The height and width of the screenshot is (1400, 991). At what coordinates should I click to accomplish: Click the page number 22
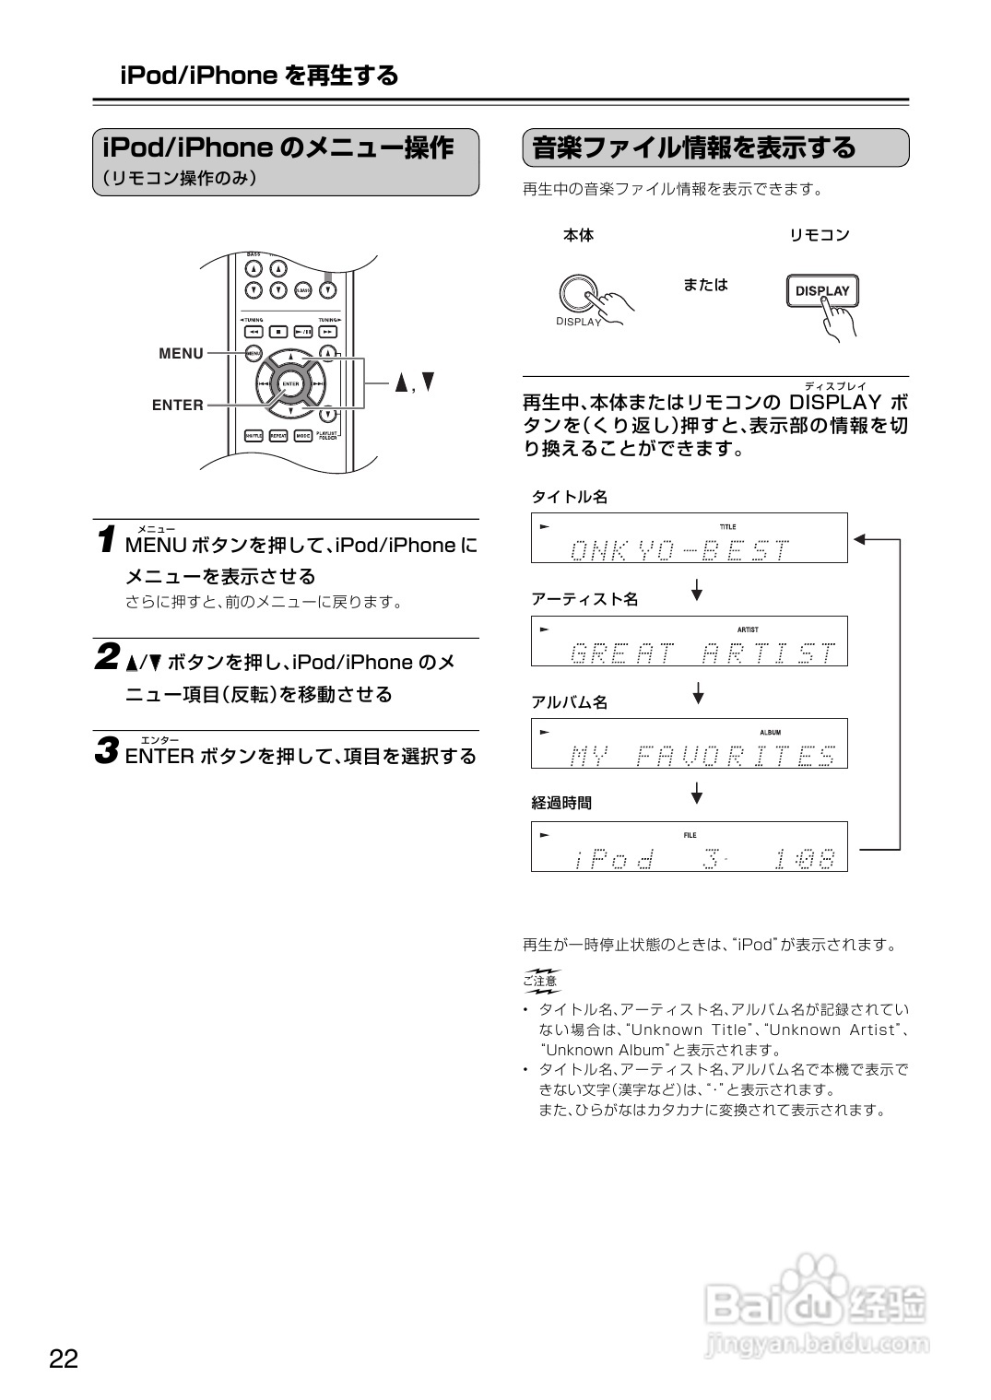64,1358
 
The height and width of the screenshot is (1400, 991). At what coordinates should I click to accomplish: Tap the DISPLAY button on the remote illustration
821,290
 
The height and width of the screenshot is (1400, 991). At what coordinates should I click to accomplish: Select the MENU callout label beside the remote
181,353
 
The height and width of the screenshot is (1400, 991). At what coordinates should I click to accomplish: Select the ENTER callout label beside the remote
178,405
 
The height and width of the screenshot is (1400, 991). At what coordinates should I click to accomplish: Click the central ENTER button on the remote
290,383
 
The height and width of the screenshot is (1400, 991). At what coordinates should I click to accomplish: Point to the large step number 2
108,658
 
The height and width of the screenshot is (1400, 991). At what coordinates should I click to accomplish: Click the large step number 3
108,751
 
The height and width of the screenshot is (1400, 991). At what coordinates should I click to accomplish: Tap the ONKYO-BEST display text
679,550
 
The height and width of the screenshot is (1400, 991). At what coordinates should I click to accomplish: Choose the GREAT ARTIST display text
702,653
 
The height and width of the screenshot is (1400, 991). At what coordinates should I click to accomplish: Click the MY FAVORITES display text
702,756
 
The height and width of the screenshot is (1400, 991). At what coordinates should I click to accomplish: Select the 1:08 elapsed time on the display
805,859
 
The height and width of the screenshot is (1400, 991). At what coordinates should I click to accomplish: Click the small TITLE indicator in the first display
727,527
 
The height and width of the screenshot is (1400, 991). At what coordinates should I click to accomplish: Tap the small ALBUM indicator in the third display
770,733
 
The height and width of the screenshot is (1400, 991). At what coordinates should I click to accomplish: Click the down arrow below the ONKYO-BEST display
698,589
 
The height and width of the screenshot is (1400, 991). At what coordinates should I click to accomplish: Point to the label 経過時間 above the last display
561,803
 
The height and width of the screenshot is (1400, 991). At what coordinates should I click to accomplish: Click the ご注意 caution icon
541,981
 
